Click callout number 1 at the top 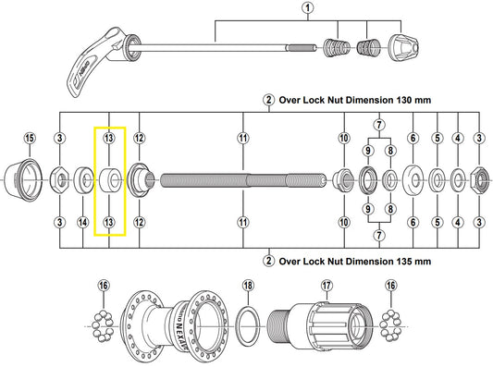pos(307,10)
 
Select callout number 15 pos(30,139)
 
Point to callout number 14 pos(83,222)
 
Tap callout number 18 pos(247,286)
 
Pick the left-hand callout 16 pos(102,286)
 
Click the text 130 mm pos(413,99)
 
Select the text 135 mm pos(413,262)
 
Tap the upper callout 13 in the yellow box pos(109,139)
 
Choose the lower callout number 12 pos(138,222)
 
